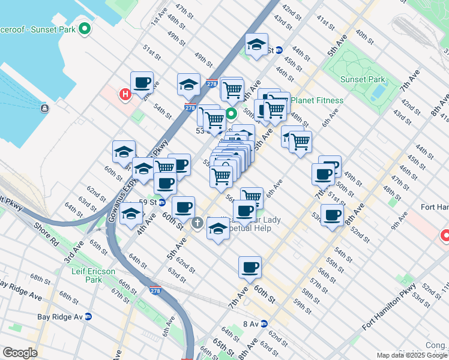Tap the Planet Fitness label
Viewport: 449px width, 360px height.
pyautogui.click(x=321, y=101)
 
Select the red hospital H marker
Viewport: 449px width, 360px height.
pyautogui.click(x=125, y=94)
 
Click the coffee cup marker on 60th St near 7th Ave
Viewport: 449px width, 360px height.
pyautogui.click(x=250, y=268)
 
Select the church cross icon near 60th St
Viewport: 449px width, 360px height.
pyautogui.click(x=197, y=224)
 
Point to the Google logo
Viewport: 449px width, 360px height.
pyautogui.click(x=20, y=353)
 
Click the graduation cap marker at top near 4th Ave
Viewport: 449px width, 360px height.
pyautogui.click(x=256, y=44)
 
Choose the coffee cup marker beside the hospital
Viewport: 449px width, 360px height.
pyautogui.click(x=142, y=83)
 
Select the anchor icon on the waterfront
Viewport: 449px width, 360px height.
pyautogui.click(x=44, y=108)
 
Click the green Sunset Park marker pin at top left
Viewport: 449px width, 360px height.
pyautogui.click(x=85, y=28)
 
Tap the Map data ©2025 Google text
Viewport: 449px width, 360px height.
pyautogui.click(x=412, y=355)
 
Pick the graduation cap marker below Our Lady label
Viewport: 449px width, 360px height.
pyautogui.click(x=218, y=228)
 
